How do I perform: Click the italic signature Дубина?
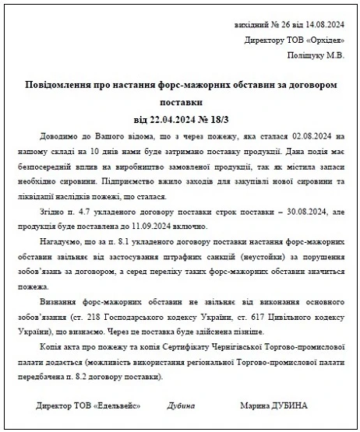[182, 406]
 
